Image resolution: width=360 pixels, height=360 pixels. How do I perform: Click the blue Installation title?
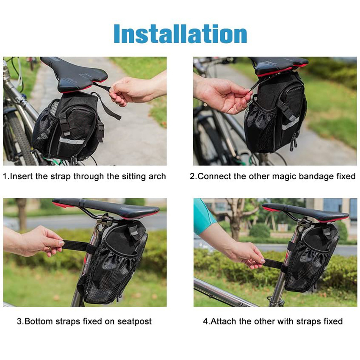(x=180, y=34)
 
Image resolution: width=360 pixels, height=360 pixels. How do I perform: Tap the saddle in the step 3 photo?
(x=106, y=208)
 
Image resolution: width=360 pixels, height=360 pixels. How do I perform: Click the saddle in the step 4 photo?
(x=305, y=212)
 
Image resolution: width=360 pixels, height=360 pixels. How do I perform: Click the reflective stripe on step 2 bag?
(x=291, y=124)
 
